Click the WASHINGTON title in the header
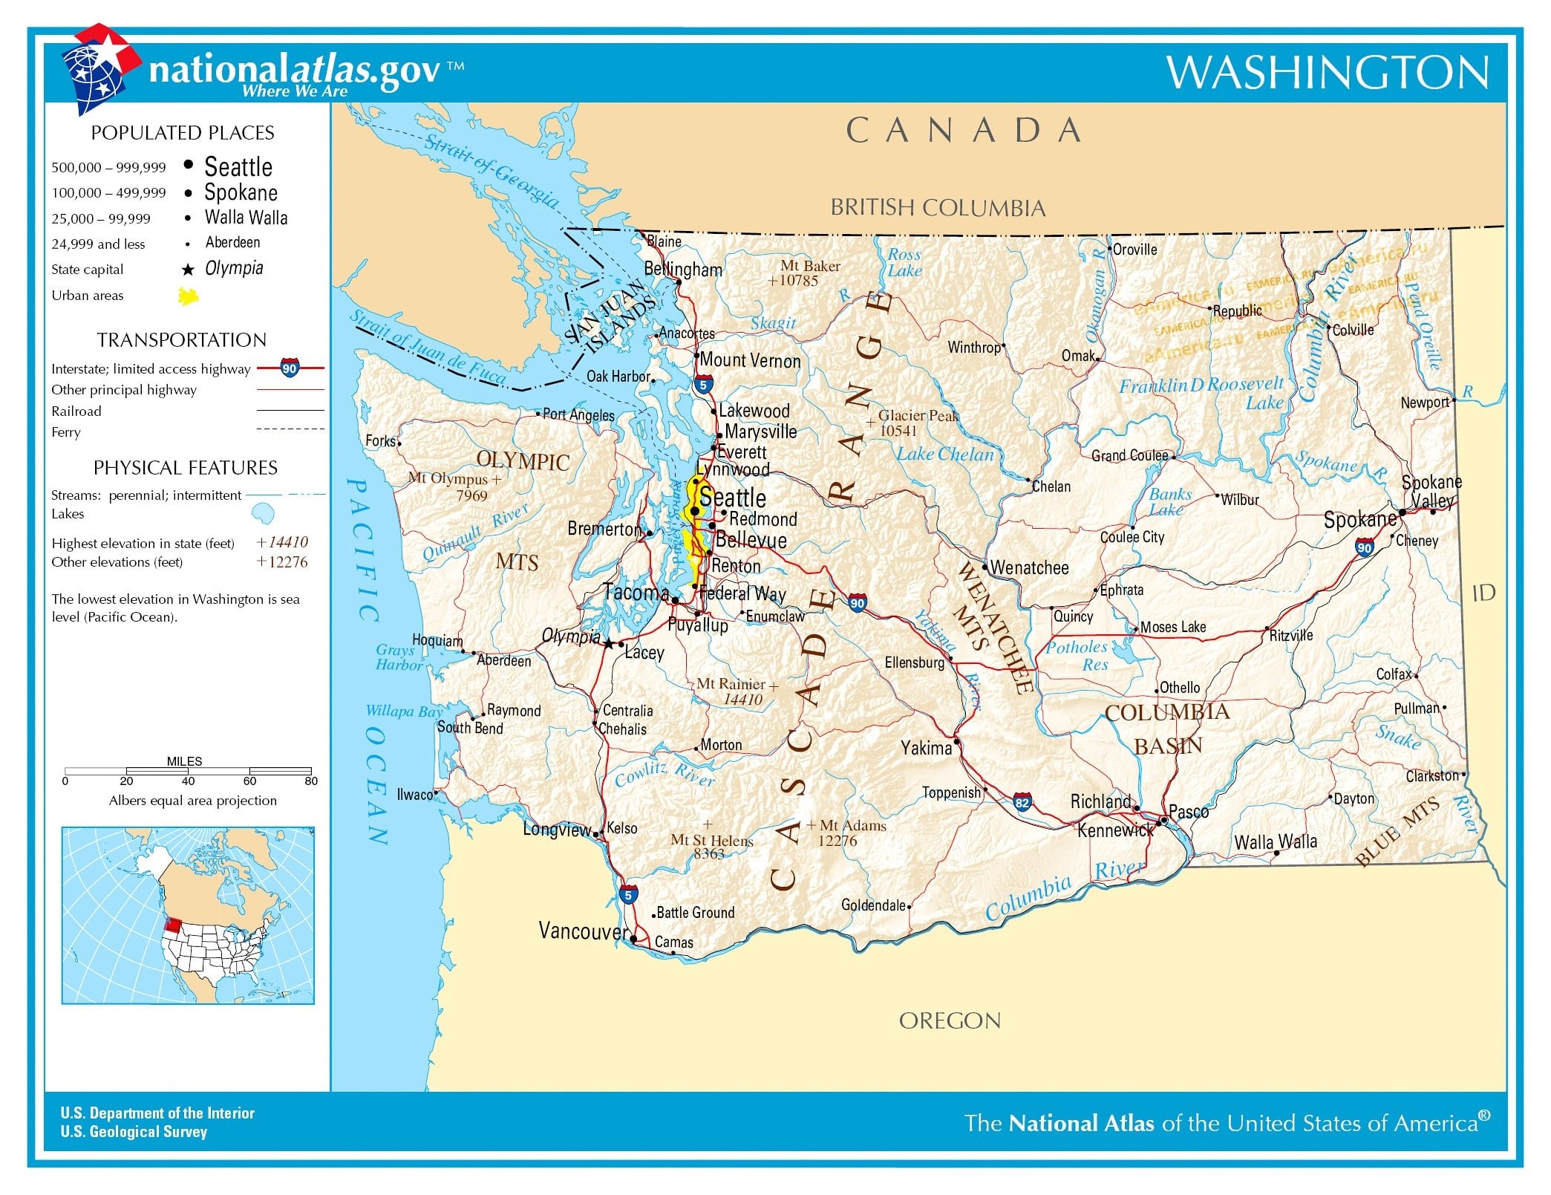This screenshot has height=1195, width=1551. (1327, 73)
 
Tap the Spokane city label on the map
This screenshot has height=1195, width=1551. (1359, 520)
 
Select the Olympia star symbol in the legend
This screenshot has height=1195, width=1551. (188, 270)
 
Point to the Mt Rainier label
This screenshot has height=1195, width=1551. (731, 684)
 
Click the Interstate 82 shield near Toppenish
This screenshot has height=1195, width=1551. (1022, 802)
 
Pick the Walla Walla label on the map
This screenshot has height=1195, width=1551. (1276, 841)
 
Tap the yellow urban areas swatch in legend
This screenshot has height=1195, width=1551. (189, 296)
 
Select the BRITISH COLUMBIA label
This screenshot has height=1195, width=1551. (937, 208)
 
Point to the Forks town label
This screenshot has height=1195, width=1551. (380, 440)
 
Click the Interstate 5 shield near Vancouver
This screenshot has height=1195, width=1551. (628, 895)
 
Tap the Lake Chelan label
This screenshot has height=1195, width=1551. (944, 455)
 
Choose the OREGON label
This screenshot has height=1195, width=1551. (950, 1020)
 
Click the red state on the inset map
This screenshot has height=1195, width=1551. (172, 925)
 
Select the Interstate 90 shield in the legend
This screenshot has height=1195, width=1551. (290, 368)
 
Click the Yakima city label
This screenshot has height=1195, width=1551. (926, 748)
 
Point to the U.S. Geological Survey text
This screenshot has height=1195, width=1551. (134, 1132)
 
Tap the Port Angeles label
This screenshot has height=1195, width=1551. (578, 414)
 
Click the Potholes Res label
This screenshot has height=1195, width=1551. (1077, 656)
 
